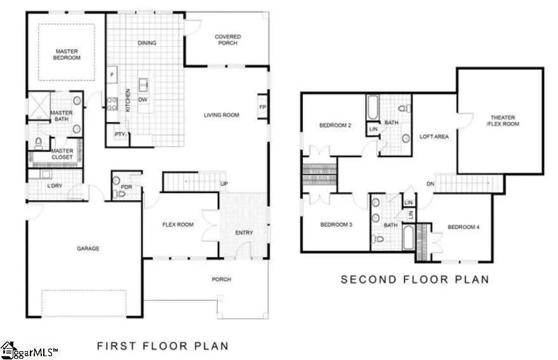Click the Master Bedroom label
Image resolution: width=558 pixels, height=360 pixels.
coord(67,55)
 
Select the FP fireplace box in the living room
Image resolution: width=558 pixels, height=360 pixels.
coord(262,107)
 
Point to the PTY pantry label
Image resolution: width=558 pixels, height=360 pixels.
coord(119,134)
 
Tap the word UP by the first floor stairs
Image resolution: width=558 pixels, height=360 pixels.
coord(223,184)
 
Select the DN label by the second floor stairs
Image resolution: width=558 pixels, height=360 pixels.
coord(431,184)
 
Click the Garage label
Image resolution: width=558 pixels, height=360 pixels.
coord(88,248)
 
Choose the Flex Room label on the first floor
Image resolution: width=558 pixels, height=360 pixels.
coord(178,225)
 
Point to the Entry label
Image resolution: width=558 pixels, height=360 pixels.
coord(244,232)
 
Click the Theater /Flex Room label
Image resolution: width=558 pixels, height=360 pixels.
coord(503,121)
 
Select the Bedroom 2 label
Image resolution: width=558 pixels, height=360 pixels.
coord(335,126)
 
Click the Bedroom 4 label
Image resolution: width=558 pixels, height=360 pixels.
coord(463,227)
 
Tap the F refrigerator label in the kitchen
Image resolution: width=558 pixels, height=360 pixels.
coord(112,75)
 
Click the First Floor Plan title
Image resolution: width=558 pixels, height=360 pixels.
coord(162,346)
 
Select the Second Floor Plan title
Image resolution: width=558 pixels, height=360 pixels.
coord(415,279)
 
